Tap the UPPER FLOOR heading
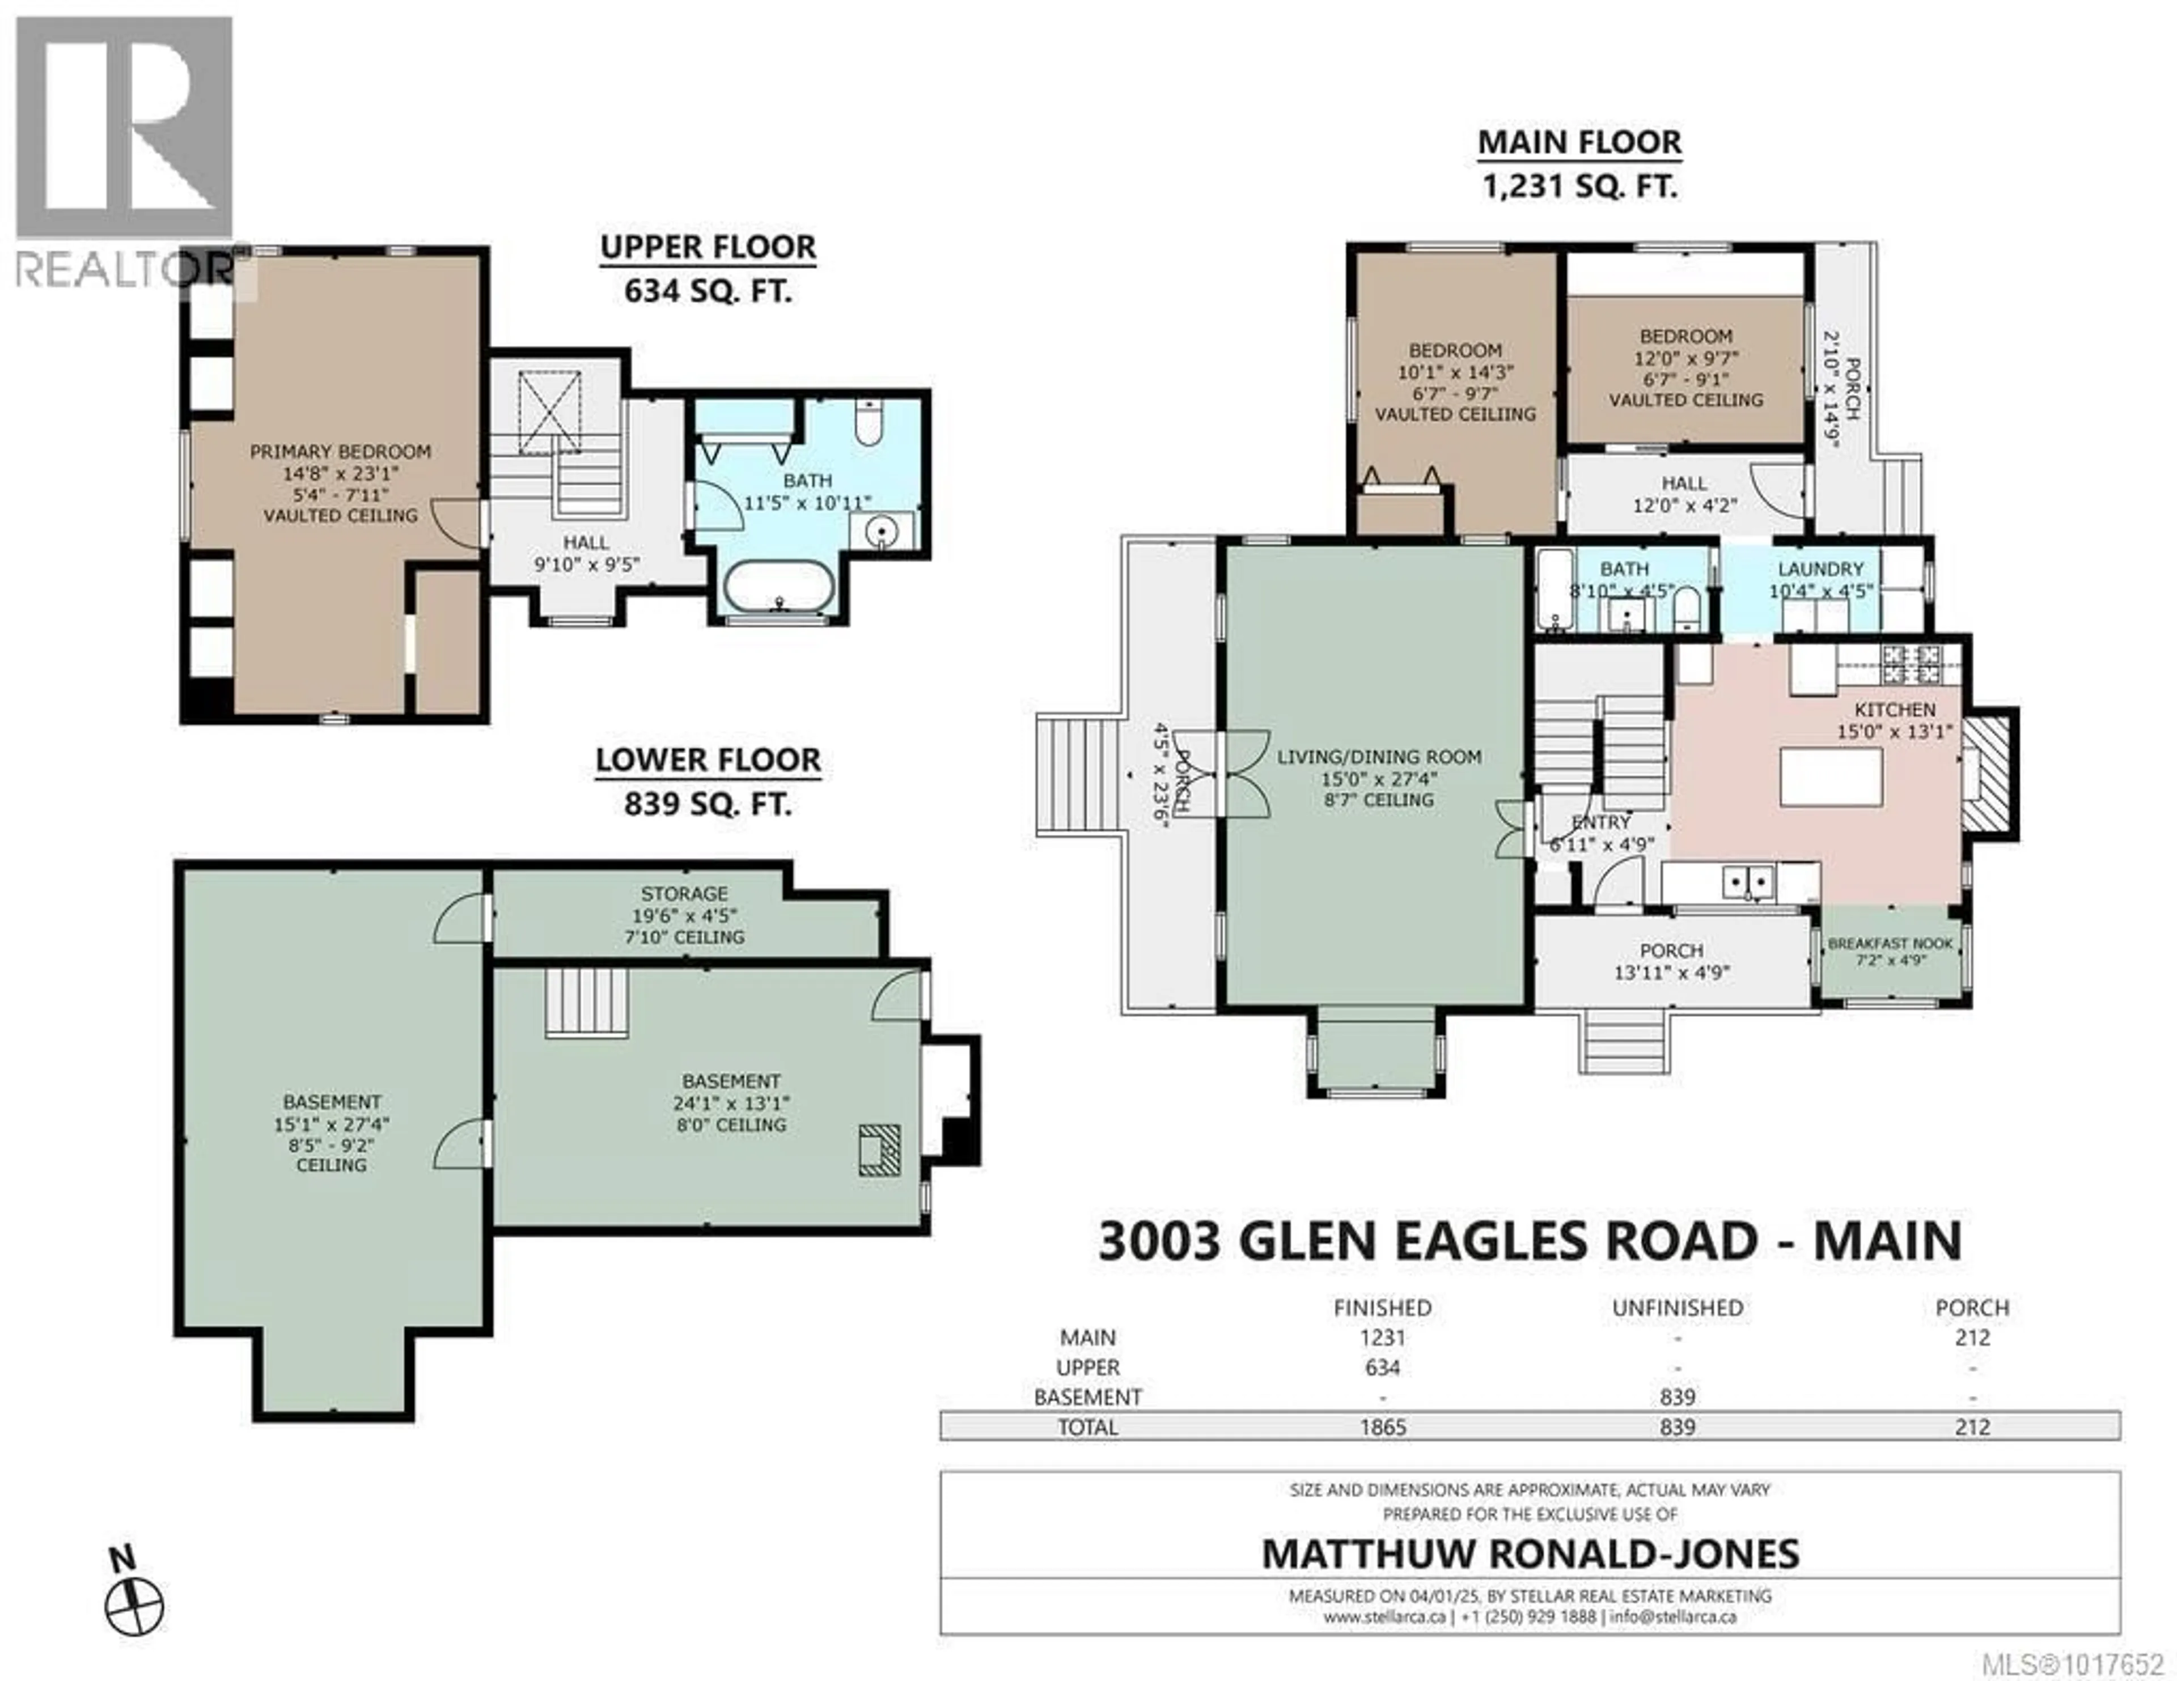708,247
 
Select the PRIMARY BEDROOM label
340,451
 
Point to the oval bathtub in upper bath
777,587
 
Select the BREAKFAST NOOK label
1890,944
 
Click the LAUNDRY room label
1820,569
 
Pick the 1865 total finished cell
1383,1427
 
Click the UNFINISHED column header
1678,1308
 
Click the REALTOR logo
125,150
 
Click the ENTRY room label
1601,822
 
